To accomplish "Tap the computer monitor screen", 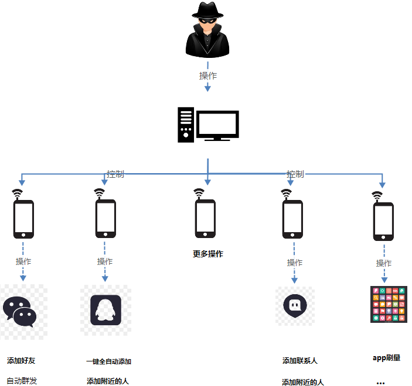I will [217, 125].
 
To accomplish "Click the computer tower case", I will [186, 125].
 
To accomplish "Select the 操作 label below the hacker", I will [207, 75].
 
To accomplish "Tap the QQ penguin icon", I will [105, 310].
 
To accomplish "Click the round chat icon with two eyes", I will [294, 306].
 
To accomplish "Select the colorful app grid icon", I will [389, 304].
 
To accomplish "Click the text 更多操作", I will [208, 254].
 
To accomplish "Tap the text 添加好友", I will [22, 360].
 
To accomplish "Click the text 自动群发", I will [22, 381].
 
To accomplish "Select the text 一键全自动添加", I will [108, 361].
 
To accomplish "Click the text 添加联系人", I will [299, 361].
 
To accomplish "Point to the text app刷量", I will [386, 357].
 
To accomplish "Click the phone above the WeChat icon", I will [23, 219].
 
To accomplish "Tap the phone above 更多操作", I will [205, 219].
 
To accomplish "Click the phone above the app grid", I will [383, 222].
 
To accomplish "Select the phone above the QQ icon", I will [105, 219].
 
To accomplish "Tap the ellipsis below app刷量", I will [380, 382].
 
